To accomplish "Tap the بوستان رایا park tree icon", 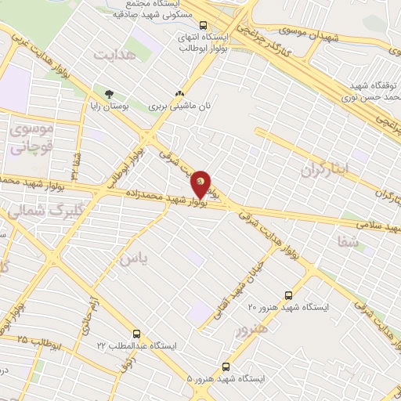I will [98, 93].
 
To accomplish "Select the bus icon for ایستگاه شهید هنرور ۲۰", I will [289, 295].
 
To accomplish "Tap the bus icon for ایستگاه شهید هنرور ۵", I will [226, 366].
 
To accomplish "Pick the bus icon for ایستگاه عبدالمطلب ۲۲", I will [137, 334].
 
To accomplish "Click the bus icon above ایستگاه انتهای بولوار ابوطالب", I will [204, 25].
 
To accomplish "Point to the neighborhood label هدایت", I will [115, 55].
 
